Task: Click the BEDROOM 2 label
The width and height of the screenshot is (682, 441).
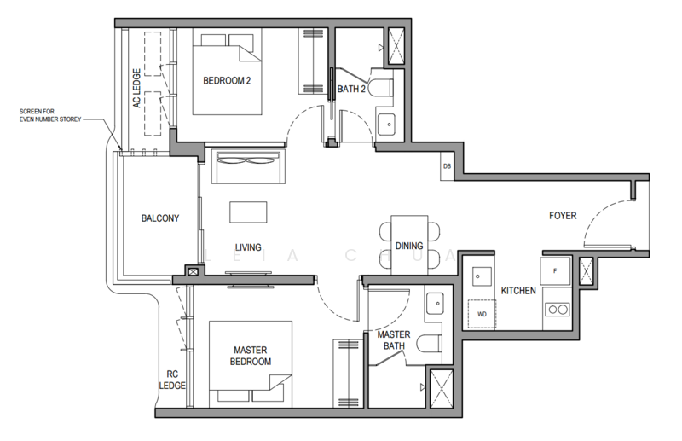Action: (x=226, y=81)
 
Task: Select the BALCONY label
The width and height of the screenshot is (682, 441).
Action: (x=159, y=218)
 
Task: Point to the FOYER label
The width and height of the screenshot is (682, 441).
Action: (x=563, y=216)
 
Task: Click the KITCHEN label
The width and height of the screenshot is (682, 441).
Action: (x=518, y=291)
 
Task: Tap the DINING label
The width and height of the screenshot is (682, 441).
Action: (x=409, y=246)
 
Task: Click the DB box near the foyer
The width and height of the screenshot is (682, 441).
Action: (x=447, y=166)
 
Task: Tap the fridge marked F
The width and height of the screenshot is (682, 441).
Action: (x=555, y=271)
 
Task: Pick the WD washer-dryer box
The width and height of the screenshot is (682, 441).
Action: (x=482, y=314)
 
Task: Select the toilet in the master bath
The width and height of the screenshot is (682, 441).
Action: (x=431, y=344)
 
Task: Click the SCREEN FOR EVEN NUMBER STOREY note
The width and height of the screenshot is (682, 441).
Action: (x=52, y=115)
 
